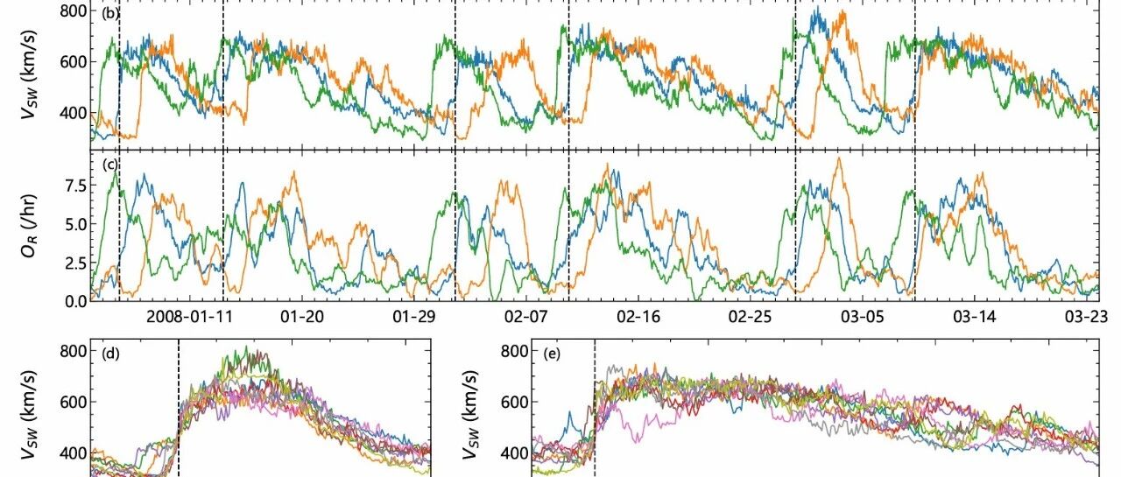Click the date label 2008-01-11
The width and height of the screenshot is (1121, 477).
click(189, 317)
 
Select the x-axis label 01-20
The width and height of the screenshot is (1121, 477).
click(302, 317)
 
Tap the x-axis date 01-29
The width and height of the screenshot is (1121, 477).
click(414, 317)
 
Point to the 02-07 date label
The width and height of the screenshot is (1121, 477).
click(526, 317)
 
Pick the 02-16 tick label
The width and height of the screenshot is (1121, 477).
click(638, 317)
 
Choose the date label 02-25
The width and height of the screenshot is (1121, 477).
click(750, 317)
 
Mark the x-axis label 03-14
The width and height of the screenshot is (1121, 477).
click(974, 317)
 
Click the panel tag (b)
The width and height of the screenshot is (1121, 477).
click(110, 13)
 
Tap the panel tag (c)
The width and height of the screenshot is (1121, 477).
click(110, 165)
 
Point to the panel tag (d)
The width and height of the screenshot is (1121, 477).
click(110, 354)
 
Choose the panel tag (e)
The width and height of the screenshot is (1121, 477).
click(552, 354)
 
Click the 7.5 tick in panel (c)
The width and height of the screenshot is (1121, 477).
click(75, 186)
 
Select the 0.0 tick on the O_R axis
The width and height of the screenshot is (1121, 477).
click(75, 301)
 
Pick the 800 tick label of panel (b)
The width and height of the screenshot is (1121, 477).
click(73, 11)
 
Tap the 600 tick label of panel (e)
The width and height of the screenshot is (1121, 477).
click(514, 402)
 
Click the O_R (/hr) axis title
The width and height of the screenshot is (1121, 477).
click(29, 226)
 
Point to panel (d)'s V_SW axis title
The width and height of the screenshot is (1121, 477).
click(29, 415)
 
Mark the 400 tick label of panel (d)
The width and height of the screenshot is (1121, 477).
click(73, 453)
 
